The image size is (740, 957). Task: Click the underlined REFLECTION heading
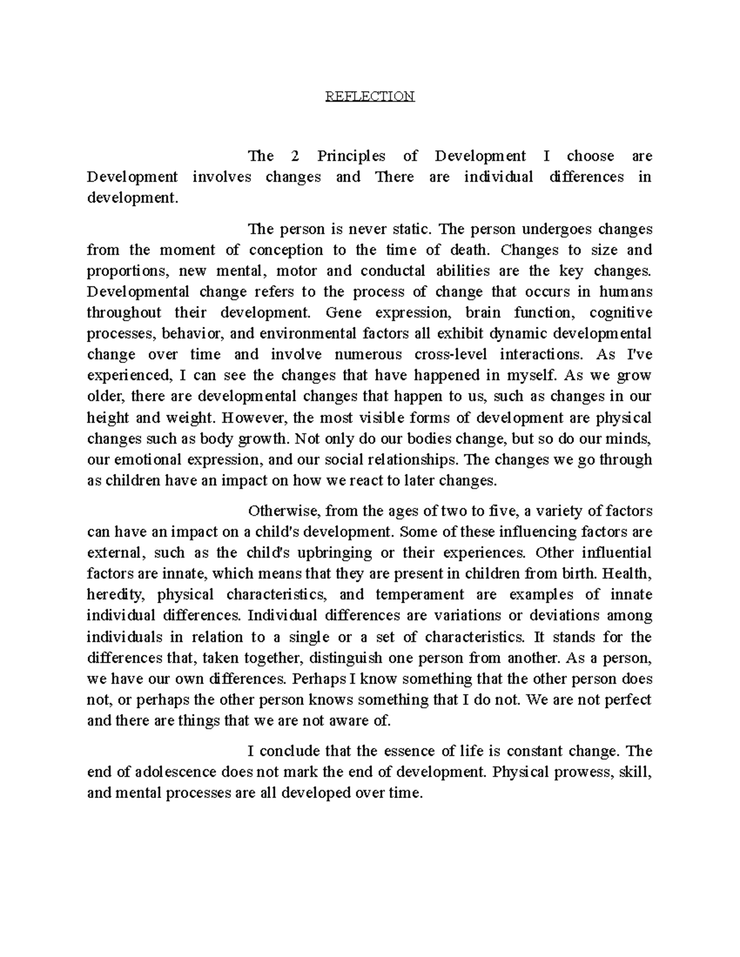tap(370, 96)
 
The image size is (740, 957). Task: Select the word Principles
tap(351, 157)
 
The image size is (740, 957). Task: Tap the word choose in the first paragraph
tap(590, 157)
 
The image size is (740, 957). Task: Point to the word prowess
tap(580, 772)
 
